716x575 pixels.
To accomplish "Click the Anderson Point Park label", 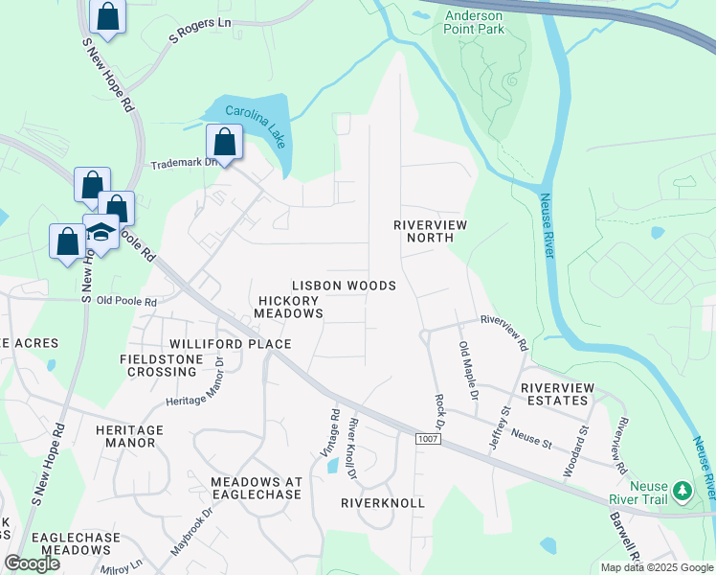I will (488, 21).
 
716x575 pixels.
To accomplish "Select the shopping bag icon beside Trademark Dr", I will (226, 144).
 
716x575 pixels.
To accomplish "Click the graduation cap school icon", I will (101, 229).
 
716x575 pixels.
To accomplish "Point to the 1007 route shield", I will (428, 439).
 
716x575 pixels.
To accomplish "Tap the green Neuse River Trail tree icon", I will (682, 490).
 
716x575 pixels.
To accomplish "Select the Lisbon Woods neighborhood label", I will (344, 286).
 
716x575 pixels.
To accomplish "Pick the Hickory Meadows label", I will (290, 307).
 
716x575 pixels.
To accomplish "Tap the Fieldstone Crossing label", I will (157, 365).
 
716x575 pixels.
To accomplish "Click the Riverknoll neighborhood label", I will (382, 502).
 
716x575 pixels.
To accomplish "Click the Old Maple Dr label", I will (467, 370).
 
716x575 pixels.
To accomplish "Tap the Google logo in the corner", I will (33, 563).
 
